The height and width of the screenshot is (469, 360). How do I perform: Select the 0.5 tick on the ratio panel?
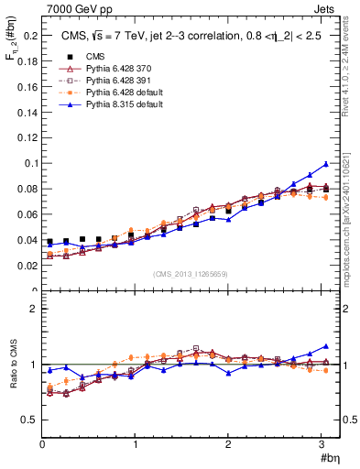click(28, 420)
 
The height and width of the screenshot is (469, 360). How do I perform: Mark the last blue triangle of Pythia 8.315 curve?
click(325, 165)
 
